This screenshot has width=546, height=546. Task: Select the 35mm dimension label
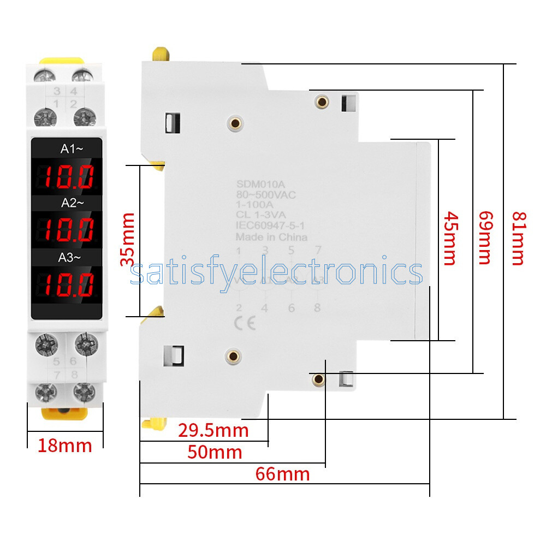pos(128,240)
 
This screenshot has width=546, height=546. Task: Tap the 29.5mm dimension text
pos(213,430)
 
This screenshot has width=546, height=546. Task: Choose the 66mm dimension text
pos(282,473)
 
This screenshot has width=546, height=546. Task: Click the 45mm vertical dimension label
pos(449,238)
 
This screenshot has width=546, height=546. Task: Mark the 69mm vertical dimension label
pos(484,238)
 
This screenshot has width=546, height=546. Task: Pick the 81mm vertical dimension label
pos(517,238)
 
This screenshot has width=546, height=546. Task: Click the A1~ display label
pos(73,148)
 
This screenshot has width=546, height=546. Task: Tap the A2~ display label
pos(73,203)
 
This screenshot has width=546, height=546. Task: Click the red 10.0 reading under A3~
pos(69,284)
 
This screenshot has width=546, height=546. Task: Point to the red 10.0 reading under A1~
pos(69,176)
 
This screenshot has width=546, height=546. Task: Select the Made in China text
pos(271,237)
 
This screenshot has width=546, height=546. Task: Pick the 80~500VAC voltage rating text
pos(266,195)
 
